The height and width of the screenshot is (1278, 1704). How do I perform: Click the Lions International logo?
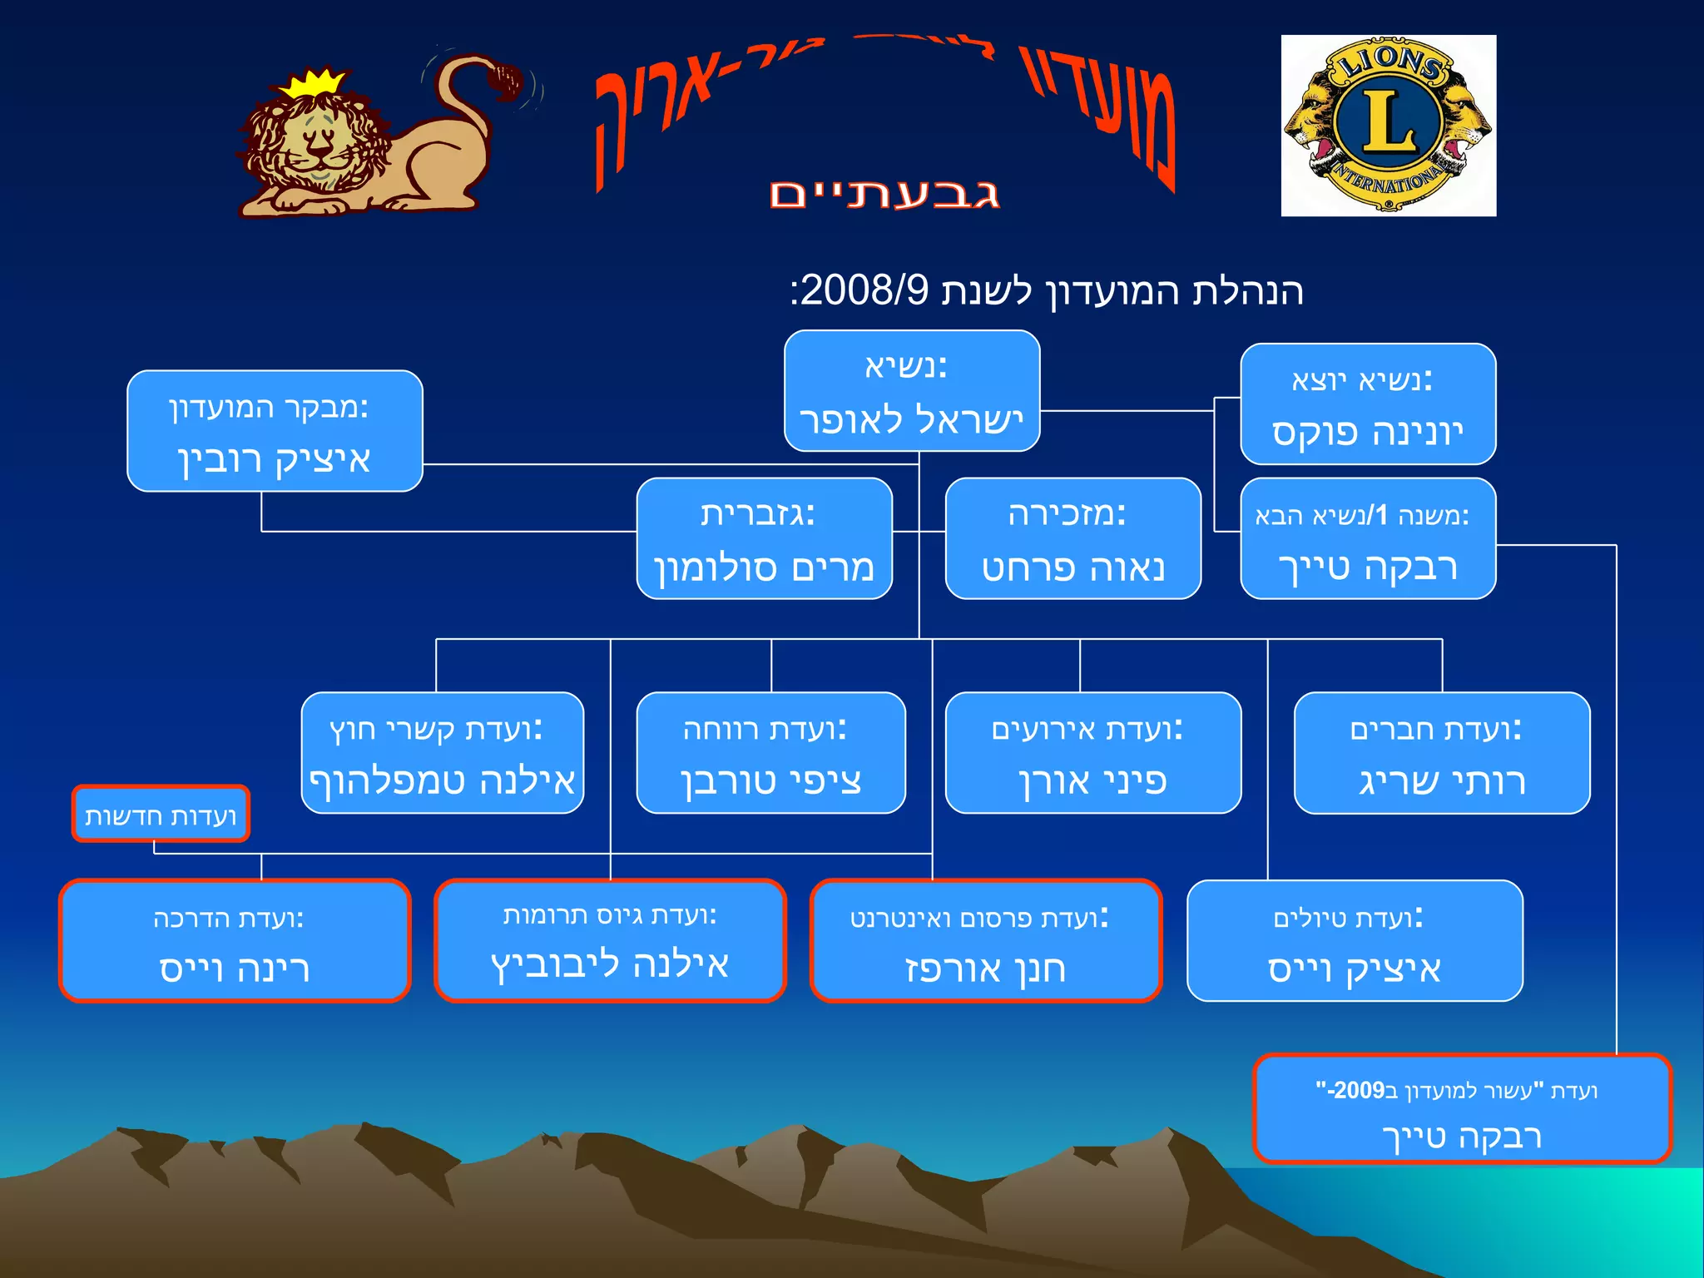[x=1388, y=126]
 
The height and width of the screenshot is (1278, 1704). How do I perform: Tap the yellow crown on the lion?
[x=313, y=84]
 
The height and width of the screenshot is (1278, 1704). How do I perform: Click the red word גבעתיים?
[x=884, y=195]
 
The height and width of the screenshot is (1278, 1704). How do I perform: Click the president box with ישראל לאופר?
[x=912, y=391]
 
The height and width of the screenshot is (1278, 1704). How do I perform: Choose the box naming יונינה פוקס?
[x=1368, y=404]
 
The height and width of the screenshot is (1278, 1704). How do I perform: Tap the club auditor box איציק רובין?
[x=275, y=431]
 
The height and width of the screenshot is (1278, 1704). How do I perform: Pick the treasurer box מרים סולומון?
[x=764, y=538]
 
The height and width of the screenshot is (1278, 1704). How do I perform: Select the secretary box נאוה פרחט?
[x=1072, y=538]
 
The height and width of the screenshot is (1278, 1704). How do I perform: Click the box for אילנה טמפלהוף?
[x=442, y=753]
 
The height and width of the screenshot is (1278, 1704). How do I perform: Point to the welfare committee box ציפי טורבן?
[x=770, y=753]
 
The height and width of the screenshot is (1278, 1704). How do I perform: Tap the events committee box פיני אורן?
[x=1092, y=753]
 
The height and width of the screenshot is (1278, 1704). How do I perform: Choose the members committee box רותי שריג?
[x=1441, y=753]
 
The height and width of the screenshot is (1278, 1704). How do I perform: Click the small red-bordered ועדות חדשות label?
[x=161, y=815]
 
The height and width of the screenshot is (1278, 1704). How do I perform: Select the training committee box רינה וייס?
[x=235, y=941]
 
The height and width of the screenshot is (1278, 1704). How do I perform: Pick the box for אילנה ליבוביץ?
[x=610, y=941]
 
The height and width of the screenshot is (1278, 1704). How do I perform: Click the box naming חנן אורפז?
[x=985, y=941]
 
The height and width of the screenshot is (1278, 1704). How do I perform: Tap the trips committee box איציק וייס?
[x=1355, y=941]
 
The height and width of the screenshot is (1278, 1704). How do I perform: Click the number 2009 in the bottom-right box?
[x=1359, y=1091]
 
